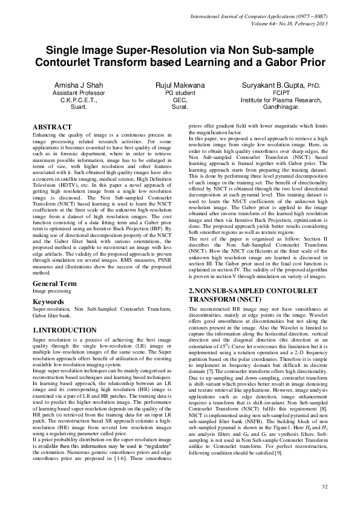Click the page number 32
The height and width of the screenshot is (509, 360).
[x=324, y=487]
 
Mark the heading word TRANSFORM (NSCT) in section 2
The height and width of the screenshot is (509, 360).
[x=224, y=299]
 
